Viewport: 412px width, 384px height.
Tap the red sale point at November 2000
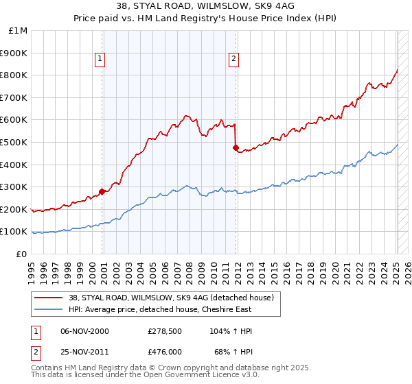102,192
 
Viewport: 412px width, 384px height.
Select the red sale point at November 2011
236,147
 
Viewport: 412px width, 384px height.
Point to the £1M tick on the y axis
19,31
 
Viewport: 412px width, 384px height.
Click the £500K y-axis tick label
15,143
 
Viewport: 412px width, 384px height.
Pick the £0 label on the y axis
23,254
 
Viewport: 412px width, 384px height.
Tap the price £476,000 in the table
165,351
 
